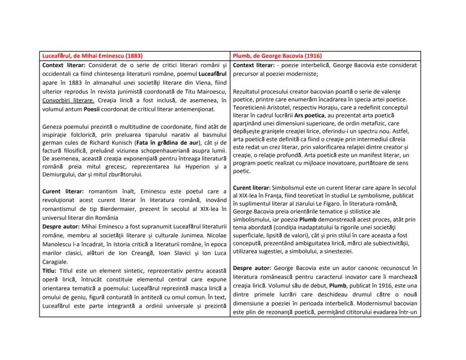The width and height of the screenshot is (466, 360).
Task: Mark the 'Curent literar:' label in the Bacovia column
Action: pyautogui.click(x=255, y=187)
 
